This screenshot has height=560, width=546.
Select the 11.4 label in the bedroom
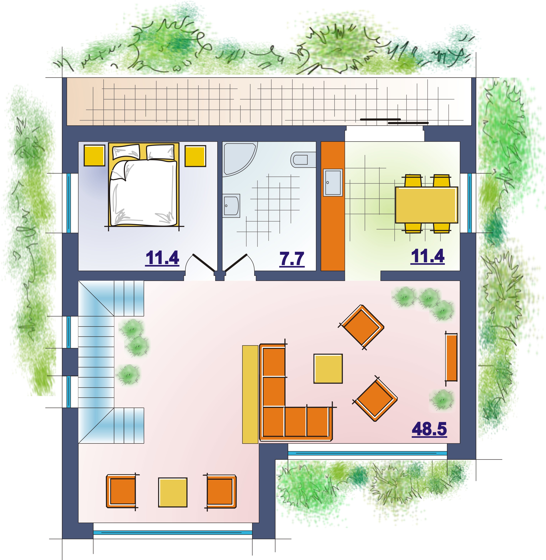tap(162, 258)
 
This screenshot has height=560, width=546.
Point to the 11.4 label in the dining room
tap(428, 256)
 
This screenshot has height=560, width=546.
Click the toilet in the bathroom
tap(303, 159)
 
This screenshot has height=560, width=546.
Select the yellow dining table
tap(426, 205)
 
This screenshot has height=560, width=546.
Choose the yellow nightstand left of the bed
tap(95, 155)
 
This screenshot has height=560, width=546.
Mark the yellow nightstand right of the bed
tap(195, 156)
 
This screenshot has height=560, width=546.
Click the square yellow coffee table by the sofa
tap(328, 368)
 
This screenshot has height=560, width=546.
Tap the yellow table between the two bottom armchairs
tap(173, 492)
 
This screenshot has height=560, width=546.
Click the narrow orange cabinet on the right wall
tap(451, 357)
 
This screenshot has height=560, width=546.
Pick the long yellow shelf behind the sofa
tap(250, 394)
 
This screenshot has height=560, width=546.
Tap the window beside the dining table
tap(469, 203)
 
